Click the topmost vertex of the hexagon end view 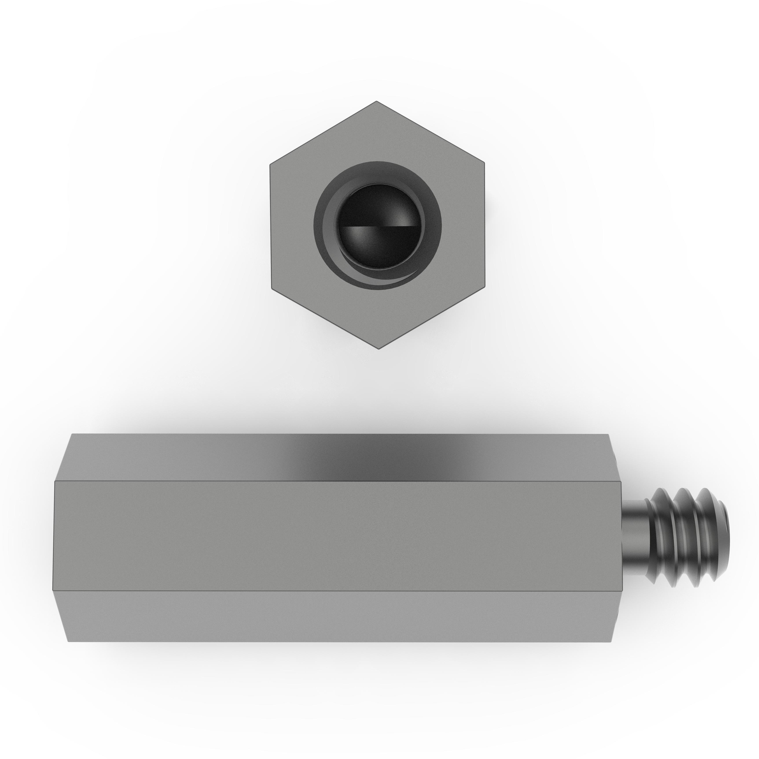376,101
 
